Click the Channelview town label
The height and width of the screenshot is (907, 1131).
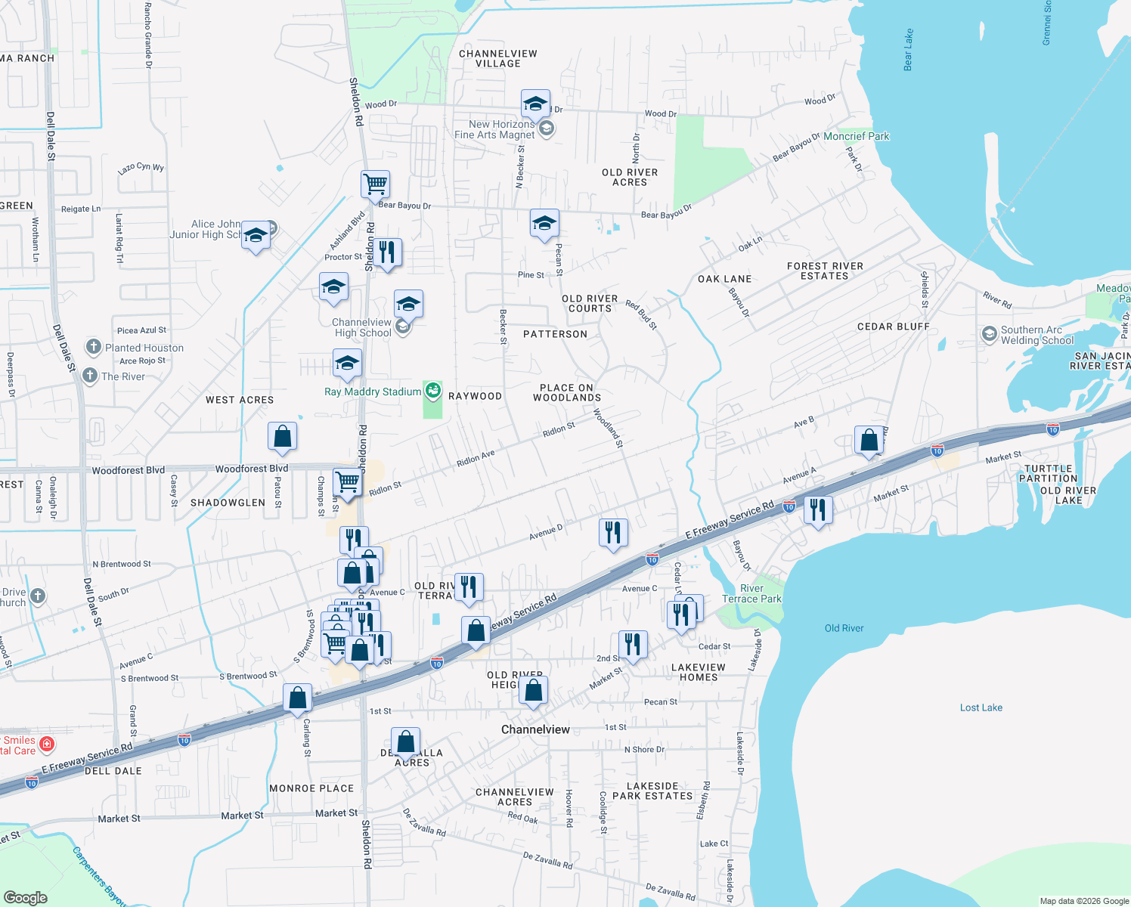[535, 729]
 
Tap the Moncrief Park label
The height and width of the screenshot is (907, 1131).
[856, 136]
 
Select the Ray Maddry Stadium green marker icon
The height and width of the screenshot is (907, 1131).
[432, 391]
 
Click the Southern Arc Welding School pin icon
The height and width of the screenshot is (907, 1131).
[989, 334]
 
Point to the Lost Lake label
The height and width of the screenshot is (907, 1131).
[981, 707]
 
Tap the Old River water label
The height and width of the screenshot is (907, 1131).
[844, 628]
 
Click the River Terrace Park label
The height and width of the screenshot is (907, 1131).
[751, 593]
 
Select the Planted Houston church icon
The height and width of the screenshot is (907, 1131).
[93, 347]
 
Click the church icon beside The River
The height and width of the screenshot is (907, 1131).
[90, 376]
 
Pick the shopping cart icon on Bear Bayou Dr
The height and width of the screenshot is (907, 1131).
[375, 184]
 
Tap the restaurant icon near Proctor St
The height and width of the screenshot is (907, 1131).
[387, 252]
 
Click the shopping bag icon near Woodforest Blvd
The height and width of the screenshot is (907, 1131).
[282, 436]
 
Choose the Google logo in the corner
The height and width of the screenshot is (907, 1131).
[25, 897]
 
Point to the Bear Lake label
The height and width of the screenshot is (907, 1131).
[908, 50]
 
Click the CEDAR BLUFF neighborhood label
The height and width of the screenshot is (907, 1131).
[893, 327]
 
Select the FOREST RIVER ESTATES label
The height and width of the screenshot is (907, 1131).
[825, 271]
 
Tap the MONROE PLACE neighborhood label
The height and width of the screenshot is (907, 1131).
[311, 788]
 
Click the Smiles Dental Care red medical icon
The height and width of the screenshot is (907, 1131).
[47, 744]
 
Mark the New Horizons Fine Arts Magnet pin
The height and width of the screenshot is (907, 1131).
[546, 128]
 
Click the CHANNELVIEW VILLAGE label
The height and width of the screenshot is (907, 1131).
[497, 58]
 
